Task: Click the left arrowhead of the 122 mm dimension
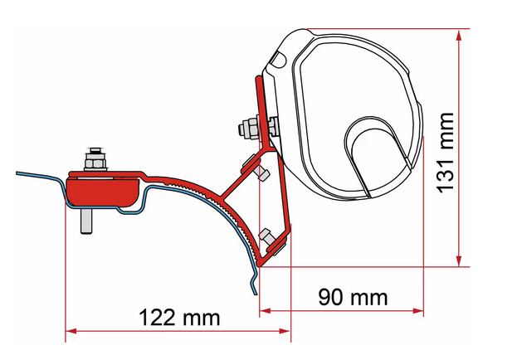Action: point(71,331)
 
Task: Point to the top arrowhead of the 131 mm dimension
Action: point(459,35)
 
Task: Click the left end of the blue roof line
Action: point(17,173)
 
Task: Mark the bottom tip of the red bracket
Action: point(260,265)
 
